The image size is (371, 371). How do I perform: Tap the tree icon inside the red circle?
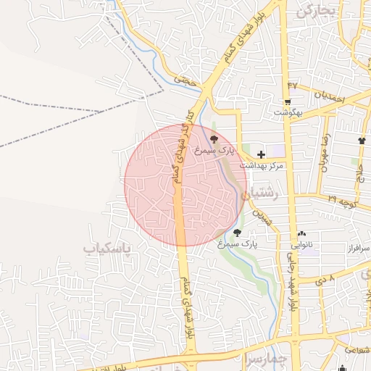(214, 138)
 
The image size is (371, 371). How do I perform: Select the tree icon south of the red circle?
(238, 233)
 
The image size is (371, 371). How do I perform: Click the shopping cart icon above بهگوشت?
(288, 101)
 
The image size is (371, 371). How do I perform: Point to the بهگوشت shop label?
(287, 113)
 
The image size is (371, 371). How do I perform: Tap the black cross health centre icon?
(261, 154)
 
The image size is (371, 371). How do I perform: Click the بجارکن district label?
(317, 11)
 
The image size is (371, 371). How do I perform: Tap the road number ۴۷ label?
(293, 85)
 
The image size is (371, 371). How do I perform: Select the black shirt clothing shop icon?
(362, 139)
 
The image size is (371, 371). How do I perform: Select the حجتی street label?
(186, 82)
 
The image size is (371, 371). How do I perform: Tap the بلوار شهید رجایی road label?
(294, 286)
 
